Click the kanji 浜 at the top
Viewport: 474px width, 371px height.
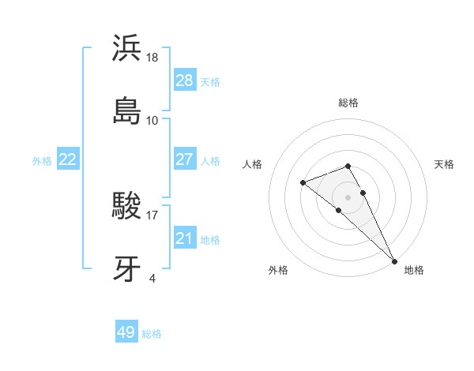[126, 48]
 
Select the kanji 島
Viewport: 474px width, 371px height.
[126, 111]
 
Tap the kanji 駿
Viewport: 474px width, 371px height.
[126, 208]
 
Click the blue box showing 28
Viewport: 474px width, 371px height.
[184, 81]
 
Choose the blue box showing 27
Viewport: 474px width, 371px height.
[184, 159]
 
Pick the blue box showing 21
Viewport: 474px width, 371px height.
[184, 238]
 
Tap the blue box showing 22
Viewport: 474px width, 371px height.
[68, 159]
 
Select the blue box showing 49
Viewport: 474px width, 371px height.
[126, 332]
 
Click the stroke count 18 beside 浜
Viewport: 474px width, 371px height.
[153, 58]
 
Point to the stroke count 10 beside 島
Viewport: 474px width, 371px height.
[152, 121]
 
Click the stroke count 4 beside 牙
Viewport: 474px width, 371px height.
[152, 279]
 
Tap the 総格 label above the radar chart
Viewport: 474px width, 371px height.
[348, 103]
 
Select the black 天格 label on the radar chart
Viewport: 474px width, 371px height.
[444, 164]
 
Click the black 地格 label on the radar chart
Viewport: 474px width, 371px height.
[414, 270]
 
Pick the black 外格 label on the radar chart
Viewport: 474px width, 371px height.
[278, 270]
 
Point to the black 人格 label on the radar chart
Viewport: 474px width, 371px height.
[253, 164]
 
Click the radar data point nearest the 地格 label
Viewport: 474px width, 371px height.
[394, 260]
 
